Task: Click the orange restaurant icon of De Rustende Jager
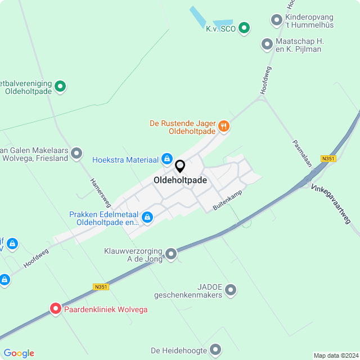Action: click(224, 126)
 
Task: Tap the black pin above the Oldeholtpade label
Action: click(180, 166)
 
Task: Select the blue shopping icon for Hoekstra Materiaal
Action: click(167, 159)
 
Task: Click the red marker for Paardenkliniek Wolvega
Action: click(56, 308)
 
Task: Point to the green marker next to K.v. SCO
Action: click(244, 27)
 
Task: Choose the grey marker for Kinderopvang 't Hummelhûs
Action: click(276, 20)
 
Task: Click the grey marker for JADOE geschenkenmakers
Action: click(231, 290)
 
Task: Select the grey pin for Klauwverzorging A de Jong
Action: click(171, 254)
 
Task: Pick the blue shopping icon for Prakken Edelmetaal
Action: click(147, 217)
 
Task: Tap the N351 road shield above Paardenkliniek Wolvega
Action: click(101, 286)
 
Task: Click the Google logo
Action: click(19, 353)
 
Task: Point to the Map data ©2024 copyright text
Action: click(335, 355)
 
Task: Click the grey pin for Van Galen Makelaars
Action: click(76, 153)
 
